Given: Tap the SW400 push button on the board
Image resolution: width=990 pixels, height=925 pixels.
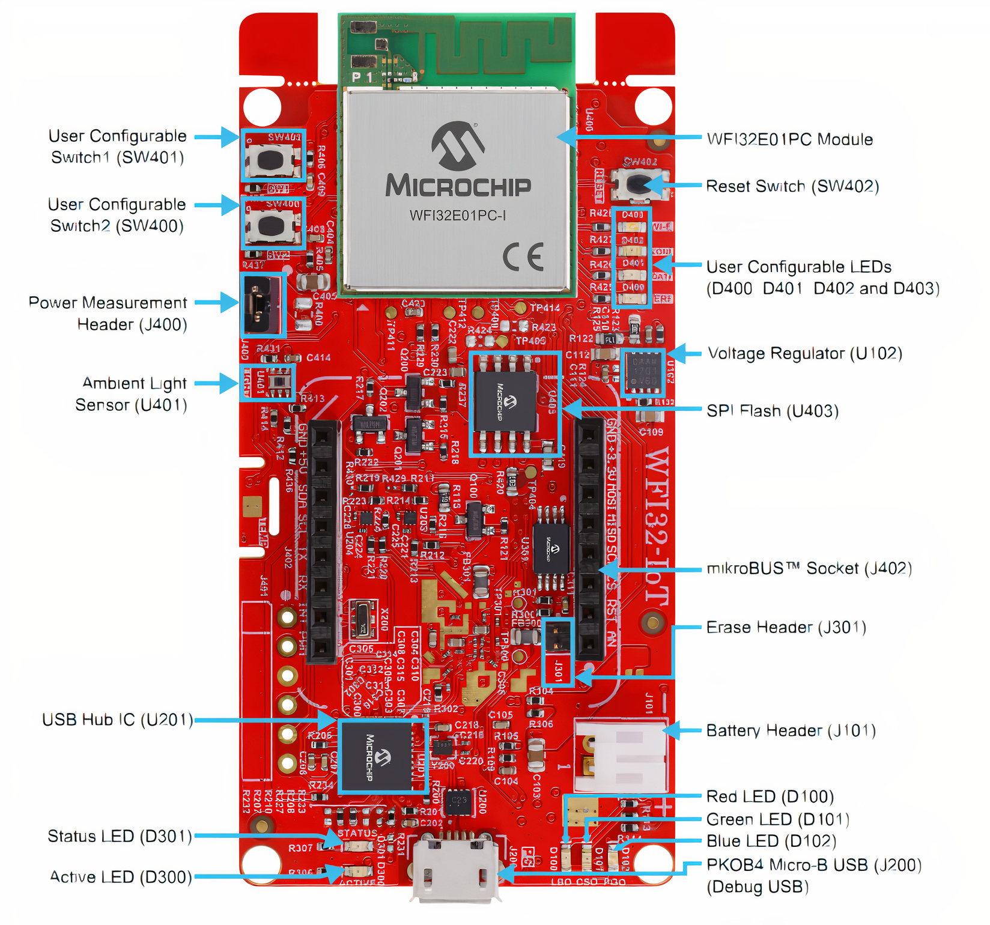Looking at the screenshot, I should (x=271, y=226).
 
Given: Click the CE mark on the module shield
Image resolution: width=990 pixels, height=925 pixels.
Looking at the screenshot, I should (x=523, y=258).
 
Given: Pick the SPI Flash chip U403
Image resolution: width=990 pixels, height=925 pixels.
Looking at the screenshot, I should (x=505, y=402).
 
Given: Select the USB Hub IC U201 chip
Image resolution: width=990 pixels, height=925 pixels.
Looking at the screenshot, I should (x=374, y=756).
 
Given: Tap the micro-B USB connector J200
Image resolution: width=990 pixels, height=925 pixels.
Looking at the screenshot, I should (x=455, y=867).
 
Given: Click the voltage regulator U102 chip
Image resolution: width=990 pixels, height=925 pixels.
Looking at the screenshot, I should (x=643, y=371).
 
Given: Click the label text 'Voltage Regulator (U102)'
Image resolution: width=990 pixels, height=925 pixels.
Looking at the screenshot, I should (x=804, y=353).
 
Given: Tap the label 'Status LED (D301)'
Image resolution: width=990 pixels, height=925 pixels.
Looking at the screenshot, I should (x=120, y=836).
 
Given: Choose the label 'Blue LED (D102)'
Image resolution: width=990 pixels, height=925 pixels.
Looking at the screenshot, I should (x=771, y=841).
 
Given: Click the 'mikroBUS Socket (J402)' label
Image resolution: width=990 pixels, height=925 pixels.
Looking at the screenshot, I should (x=809, y=568).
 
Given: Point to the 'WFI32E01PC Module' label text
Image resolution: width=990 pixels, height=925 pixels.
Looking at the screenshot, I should (x=789, y=139).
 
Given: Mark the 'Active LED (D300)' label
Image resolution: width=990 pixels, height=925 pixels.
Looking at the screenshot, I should (x=121, y=877).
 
